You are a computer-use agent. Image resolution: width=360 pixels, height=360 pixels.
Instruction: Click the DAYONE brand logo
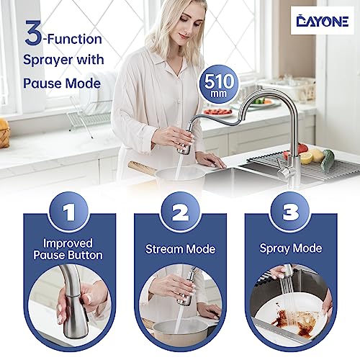pos(323,21)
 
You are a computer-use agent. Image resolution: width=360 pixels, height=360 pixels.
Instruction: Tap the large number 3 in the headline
pos(33,33)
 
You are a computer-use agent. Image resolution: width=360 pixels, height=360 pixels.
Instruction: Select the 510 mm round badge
pos(218,84)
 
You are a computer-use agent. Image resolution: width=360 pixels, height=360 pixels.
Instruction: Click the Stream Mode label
pos(180,249)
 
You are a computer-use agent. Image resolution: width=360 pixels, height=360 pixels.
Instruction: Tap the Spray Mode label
pos(291,248)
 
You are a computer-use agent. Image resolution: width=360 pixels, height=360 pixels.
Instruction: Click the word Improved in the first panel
pos(68,243)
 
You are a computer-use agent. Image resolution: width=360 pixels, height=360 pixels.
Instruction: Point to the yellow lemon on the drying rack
pos(306,158)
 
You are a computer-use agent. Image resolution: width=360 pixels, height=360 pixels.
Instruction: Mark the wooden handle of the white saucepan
pos(142,167)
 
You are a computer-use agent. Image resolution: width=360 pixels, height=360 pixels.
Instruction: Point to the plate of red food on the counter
pos(218,112)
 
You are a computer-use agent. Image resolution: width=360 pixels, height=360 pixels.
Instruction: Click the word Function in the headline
pos(74,40)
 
